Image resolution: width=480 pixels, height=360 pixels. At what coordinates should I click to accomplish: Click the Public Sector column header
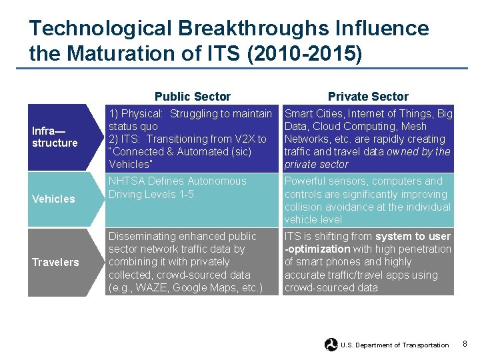[x=192, y=97]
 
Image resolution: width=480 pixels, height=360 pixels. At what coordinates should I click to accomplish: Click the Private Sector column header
[x=368, y=97]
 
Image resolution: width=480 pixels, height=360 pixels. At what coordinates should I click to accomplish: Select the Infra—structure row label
[x=55, y=137]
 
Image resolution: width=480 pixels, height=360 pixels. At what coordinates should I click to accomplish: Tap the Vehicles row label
[x=53, y=199]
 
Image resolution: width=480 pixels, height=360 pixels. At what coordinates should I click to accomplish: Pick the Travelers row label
[x=55, y=262]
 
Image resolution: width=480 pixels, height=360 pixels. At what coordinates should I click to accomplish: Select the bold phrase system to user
[x=413, y=237]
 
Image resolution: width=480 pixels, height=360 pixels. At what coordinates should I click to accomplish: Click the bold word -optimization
[x=319, y=249]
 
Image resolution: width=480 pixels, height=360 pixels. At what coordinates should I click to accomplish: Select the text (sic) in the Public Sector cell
[x=237, y=152]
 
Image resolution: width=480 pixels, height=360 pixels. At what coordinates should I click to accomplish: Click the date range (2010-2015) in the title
[x=304, y=53]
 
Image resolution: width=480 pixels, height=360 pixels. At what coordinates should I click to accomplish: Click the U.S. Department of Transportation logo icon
[x=331, y=345]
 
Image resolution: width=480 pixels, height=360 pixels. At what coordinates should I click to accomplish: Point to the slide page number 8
[x=465, y=344]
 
